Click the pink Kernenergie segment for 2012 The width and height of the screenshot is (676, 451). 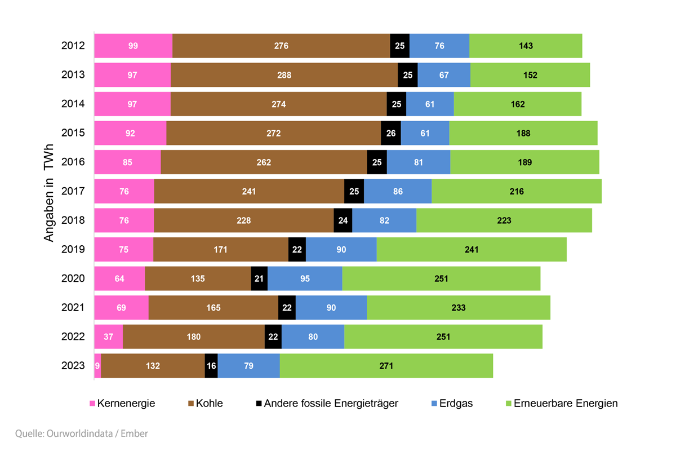coord(134,46)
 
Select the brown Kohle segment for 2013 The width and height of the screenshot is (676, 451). coord(284,75)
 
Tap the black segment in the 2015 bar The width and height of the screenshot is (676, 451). coord(391,133)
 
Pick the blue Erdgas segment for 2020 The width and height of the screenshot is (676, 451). coord(305,278)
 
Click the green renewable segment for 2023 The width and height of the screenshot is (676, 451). coord(386,366)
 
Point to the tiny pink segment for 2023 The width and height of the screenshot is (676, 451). coord(97,366)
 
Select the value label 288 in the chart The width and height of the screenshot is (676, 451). coord(284,75)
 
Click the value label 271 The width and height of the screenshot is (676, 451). coord(386,366)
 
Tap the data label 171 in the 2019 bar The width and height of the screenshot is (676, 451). coord(220,250)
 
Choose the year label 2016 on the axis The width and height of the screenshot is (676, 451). coord(73,162)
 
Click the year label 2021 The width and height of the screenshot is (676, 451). coord(73,307)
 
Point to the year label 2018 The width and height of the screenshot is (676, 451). coord(73,220)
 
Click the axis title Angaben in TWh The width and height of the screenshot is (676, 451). coord(48,193)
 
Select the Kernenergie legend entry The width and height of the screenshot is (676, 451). coord(123,404)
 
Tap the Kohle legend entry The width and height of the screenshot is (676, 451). coord(206,404)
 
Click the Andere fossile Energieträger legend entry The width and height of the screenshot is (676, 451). coord(327,404)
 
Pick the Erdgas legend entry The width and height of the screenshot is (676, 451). coord(452,404)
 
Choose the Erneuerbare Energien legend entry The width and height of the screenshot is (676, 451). coord(562,404)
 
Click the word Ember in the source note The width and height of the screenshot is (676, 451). coord(134,434)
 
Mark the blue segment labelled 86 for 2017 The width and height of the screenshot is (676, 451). coord(398,191)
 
